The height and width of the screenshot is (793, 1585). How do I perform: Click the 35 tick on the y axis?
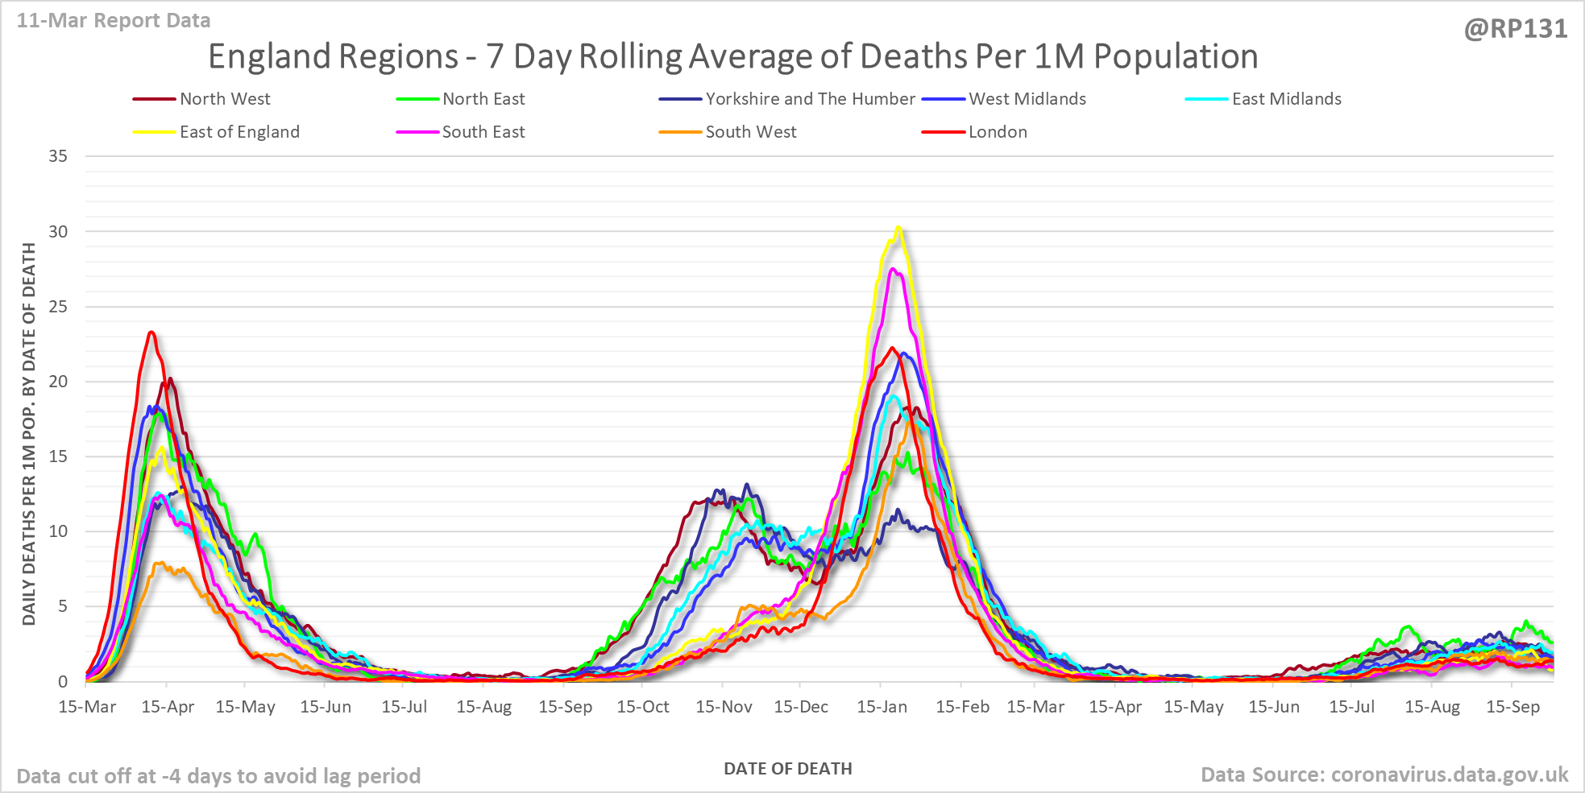click(58, 156)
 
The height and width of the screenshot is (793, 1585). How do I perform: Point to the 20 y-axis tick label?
click(58, 382)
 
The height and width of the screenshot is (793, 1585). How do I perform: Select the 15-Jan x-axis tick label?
click(882, 707)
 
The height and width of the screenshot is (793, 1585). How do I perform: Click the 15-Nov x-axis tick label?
click(724, 707)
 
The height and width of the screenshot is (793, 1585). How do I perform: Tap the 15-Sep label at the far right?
click(1512, 707)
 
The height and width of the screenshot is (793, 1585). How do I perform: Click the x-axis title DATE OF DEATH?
click(787, 769)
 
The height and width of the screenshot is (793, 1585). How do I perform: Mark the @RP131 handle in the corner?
click(1516, 29)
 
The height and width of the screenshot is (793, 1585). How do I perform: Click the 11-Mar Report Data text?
click(114, 21)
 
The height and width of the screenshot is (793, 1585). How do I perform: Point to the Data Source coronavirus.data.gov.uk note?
click(1384, 774)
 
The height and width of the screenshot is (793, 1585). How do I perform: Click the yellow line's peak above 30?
click(898, 228)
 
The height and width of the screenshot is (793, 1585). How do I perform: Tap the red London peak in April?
click(151, 332)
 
